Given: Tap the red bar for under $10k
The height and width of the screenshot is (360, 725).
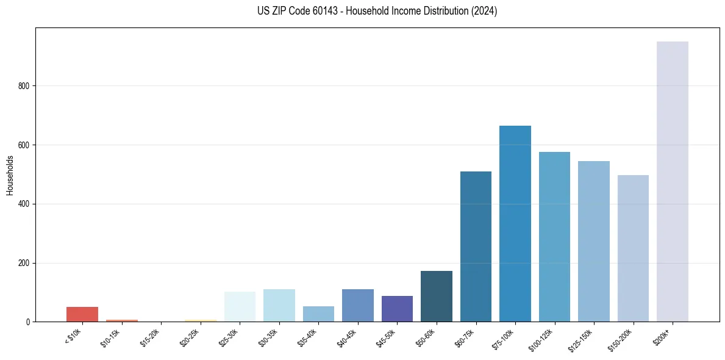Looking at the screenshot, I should [x=82, y=314].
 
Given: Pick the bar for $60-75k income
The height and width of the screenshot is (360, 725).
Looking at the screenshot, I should [x=476, y=247].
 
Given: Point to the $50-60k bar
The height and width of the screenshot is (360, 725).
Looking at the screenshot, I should [x=436, y=297].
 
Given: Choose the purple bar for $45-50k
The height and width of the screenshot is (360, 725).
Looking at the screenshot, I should [x=397, y=309].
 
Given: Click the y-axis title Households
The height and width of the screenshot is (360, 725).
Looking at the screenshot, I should [x=10, y=175].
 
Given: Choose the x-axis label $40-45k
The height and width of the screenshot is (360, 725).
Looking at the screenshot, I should [x=346, y=337].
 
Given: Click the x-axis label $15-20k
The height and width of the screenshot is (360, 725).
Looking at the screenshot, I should [x=149, y=337].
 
